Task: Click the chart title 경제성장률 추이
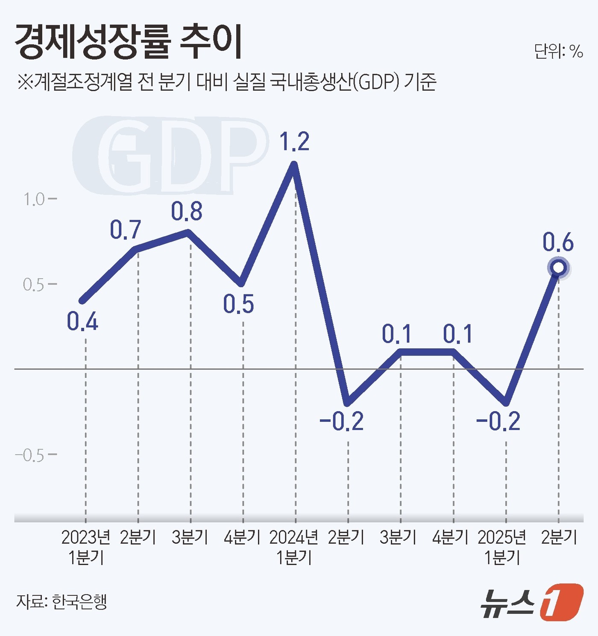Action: tap(128, 42)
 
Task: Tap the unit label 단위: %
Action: tap(558, 52)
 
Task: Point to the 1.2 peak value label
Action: tap(294, 141)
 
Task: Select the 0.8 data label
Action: tap(187, 212)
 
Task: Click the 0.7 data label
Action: tap(125, 230)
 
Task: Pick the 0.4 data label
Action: tap(82, 321)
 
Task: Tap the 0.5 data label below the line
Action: tap(238, 304)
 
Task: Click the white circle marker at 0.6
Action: tap(558, 268)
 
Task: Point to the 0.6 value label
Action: tap(558, 242)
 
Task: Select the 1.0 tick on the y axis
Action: tap(34, 199)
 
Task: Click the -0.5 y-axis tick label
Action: tap(30, 456)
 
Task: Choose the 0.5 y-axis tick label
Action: tap(34, 285)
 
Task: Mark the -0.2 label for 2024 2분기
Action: tap(341, 421)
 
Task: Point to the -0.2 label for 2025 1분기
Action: tap(498, 421)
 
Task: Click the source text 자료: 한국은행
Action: tap(62, 602)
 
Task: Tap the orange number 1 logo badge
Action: tap(562, 602)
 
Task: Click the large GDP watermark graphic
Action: tap(171, 155)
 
